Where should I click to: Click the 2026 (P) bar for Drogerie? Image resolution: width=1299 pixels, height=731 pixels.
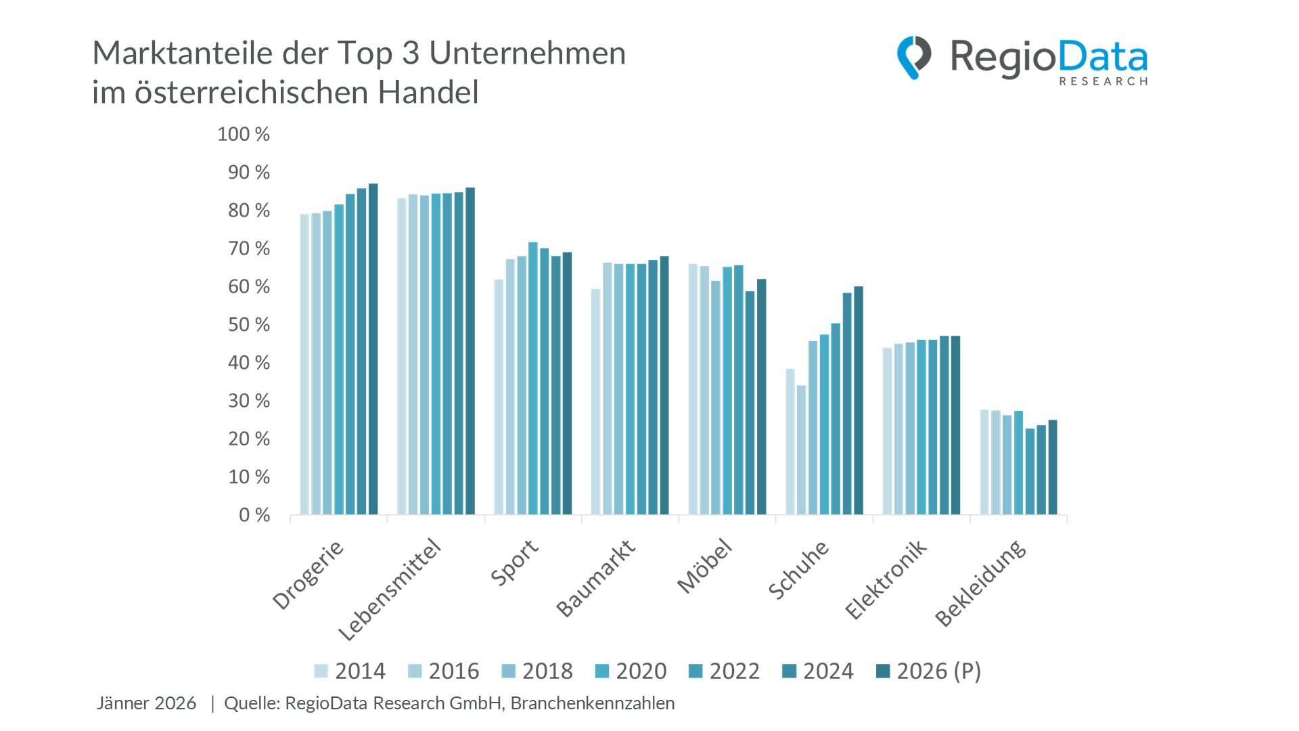point(373,349)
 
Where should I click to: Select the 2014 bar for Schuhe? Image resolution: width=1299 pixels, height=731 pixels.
point(790,441)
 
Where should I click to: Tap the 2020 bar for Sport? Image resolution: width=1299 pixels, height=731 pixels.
point(532,378)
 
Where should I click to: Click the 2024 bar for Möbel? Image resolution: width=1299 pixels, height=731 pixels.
point(750,403)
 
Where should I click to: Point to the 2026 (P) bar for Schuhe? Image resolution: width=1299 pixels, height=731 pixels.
point(858,401)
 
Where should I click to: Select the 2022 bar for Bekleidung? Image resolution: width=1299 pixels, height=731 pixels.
point(1030,471)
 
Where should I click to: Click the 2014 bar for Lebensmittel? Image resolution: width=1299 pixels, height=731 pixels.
point(402,356)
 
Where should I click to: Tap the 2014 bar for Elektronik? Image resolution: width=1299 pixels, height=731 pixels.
point(887,431)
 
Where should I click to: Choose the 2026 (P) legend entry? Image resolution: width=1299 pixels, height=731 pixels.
point(928,671)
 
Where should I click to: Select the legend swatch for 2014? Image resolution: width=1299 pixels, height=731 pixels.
point(321,671)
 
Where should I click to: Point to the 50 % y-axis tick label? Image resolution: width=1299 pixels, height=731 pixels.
point(248,325)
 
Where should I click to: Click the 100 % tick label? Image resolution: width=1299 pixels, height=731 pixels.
point(243,134)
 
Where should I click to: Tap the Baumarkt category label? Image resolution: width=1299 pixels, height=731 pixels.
point(596,578)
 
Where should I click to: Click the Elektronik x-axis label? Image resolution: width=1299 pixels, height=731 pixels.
point(886,579)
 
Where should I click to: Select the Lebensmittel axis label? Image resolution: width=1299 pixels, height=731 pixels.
point(390,590)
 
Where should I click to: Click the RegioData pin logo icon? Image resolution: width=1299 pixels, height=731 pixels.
point(913,58)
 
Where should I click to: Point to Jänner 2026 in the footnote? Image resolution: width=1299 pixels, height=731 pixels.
point(146,703)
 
